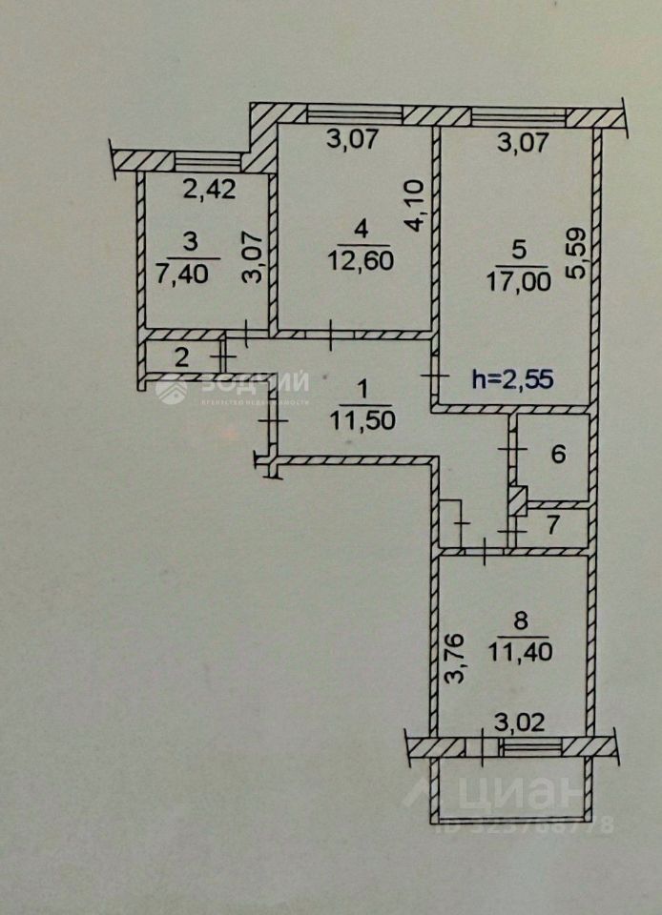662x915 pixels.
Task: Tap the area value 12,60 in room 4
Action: click(359, 259)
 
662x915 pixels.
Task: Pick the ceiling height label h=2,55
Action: click(514, 378)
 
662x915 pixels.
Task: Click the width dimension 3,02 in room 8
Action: click(520, 722)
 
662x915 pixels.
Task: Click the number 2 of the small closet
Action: click(181, 358)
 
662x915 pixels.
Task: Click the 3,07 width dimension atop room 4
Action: click(353, 140)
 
